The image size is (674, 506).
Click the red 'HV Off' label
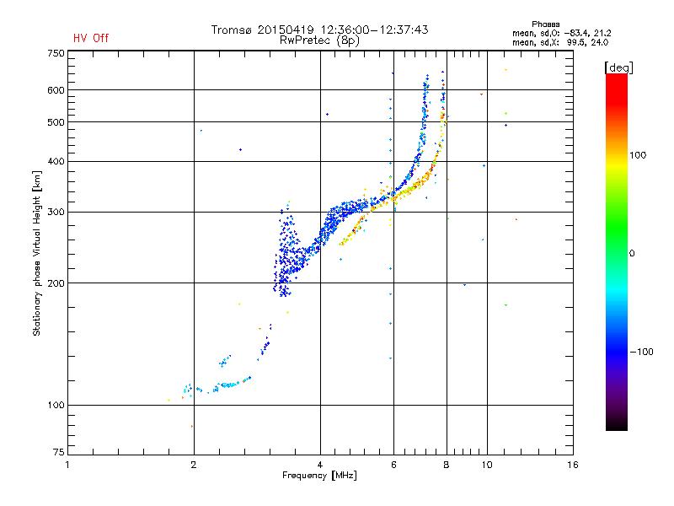coord(91,38)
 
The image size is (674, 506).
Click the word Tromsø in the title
coord(231,30)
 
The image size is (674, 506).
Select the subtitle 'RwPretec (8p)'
coord(319,40)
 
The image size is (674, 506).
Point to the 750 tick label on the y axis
coord(56,53)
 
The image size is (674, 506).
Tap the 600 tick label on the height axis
coord(56,90)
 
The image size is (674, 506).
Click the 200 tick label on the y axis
coord(56,283)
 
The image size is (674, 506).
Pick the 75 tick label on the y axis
coord(59,452)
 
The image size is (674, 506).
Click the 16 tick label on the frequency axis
coord(573,465)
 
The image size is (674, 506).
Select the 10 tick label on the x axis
coord(487,465)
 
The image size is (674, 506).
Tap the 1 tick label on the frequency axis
coord(67,465)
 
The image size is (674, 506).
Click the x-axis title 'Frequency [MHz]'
coord(319,476)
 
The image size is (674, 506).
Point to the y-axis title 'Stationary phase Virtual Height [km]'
coord(36,253)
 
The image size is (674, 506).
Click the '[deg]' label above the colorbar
coord(618,67)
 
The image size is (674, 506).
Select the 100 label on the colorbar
coord(638,155)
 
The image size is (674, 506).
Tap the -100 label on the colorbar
coord(641,352)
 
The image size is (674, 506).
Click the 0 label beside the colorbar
coord(632,254)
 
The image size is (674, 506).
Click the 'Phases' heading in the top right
coord(545,24)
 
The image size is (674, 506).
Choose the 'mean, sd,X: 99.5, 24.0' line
coord(560,43)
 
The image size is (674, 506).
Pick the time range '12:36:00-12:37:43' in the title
coord(374,30)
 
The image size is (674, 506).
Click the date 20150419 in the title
coord(286,30)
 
